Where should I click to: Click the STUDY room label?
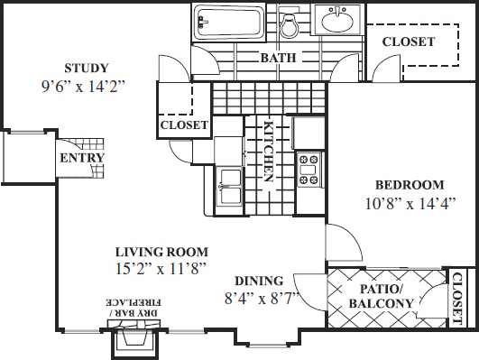tap(87, 69)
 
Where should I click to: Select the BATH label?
tap(278, 59)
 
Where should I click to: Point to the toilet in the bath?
tap(290, 25)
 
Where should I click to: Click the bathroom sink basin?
tap(340, 19)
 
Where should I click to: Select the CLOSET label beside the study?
tap(184, 125)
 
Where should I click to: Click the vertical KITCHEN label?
tap(268, 152)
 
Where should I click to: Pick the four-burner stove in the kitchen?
tap(309, 169)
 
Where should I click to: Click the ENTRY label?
tap(81, 158)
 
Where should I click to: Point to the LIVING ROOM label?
tap(161, 252)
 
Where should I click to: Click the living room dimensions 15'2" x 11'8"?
tap(161, 268)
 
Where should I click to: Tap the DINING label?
tap(259, 281)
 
